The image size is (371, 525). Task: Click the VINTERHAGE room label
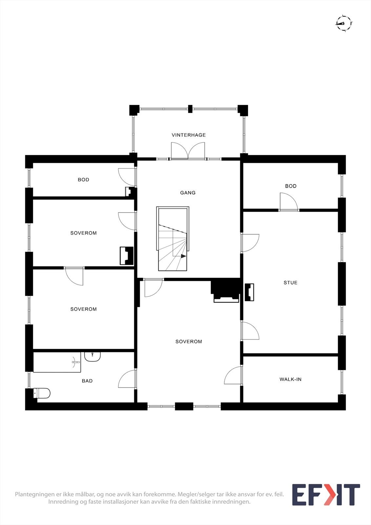click(x=189, y=135)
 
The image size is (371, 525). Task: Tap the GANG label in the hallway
click(x=188, y=193)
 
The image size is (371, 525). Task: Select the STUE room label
click(x=290, y=283)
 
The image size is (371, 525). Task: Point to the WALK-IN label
click(x=290, y=379)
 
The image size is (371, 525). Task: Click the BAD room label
click(x=87, y=381)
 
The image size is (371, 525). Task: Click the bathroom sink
click(x=92, y=356)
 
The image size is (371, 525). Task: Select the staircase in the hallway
click(x=173, y=239)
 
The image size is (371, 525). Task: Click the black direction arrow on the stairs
click(x=183, y=256)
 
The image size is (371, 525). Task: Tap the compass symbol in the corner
click(x=343, y=23)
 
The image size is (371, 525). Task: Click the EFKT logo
click(x=326, y=495)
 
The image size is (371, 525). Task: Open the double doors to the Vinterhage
click(x=188, y=151)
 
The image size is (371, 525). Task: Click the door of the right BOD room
click(x=289, y=202)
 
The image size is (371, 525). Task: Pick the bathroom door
click(x=127, y=379)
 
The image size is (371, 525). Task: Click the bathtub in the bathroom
click(x=57, y=362)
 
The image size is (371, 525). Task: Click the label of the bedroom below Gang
click(x=189, y=342)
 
